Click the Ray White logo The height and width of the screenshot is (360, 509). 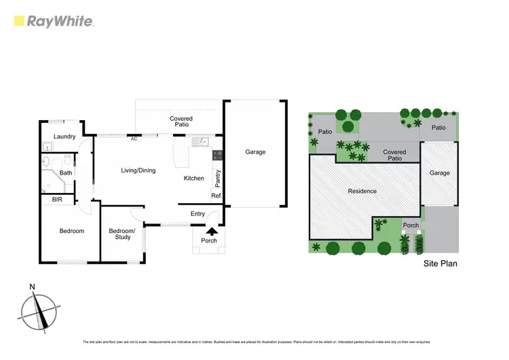[54, 22]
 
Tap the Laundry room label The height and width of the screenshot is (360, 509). [64, 137]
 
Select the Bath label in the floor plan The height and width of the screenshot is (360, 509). [66, 173]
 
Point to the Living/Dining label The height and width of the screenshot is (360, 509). [138, 170]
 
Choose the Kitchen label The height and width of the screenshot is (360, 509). [193, 179]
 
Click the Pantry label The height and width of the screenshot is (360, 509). [217, 179]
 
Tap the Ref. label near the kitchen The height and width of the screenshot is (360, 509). [216, 196]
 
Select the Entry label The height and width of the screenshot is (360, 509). [197, 214]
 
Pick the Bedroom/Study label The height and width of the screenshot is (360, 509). [122, 234]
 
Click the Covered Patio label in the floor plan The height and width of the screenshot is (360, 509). [181, 122]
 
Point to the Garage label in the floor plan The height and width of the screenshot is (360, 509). [255, 152]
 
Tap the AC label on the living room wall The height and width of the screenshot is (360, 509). [134, 139]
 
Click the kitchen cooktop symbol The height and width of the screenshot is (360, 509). [217, 155]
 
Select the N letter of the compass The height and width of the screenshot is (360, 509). [32, 287]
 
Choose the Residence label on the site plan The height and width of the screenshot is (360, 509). [362, 191]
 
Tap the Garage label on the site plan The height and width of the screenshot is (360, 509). [439, 173]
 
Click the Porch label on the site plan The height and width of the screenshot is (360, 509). [411, 226]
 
